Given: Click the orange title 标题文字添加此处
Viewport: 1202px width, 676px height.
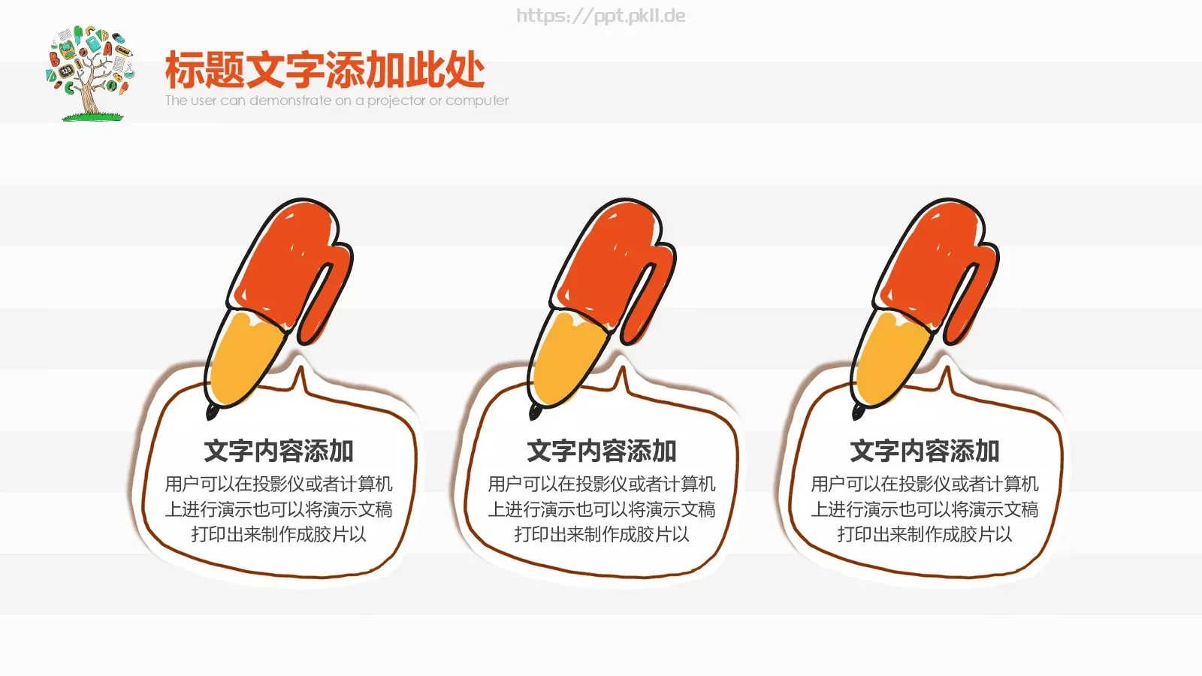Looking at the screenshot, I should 325,71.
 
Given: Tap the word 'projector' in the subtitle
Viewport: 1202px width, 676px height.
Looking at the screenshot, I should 396,101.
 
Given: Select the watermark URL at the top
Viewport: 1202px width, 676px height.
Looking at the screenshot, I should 600,16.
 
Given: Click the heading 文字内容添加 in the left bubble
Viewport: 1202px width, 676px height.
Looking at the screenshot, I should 279,451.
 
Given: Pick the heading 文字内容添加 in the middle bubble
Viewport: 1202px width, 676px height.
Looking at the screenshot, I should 602,451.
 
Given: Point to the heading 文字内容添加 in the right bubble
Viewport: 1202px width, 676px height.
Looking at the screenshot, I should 925,451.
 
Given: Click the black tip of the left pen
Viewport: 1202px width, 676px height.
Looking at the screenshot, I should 213,412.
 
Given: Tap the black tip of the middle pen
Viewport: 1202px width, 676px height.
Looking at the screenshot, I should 535,412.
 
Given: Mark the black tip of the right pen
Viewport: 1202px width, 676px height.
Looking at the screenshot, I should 858,412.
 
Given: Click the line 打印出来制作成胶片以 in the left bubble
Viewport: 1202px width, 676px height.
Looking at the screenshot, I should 279,534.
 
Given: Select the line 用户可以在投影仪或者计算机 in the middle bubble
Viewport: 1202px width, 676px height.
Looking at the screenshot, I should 602,484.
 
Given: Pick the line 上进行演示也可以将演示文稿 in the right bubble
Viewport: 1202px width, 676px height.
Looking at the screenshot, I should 925,509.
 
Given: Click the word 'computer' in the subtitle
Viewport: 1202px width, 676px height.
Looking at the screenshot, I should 477,101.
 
